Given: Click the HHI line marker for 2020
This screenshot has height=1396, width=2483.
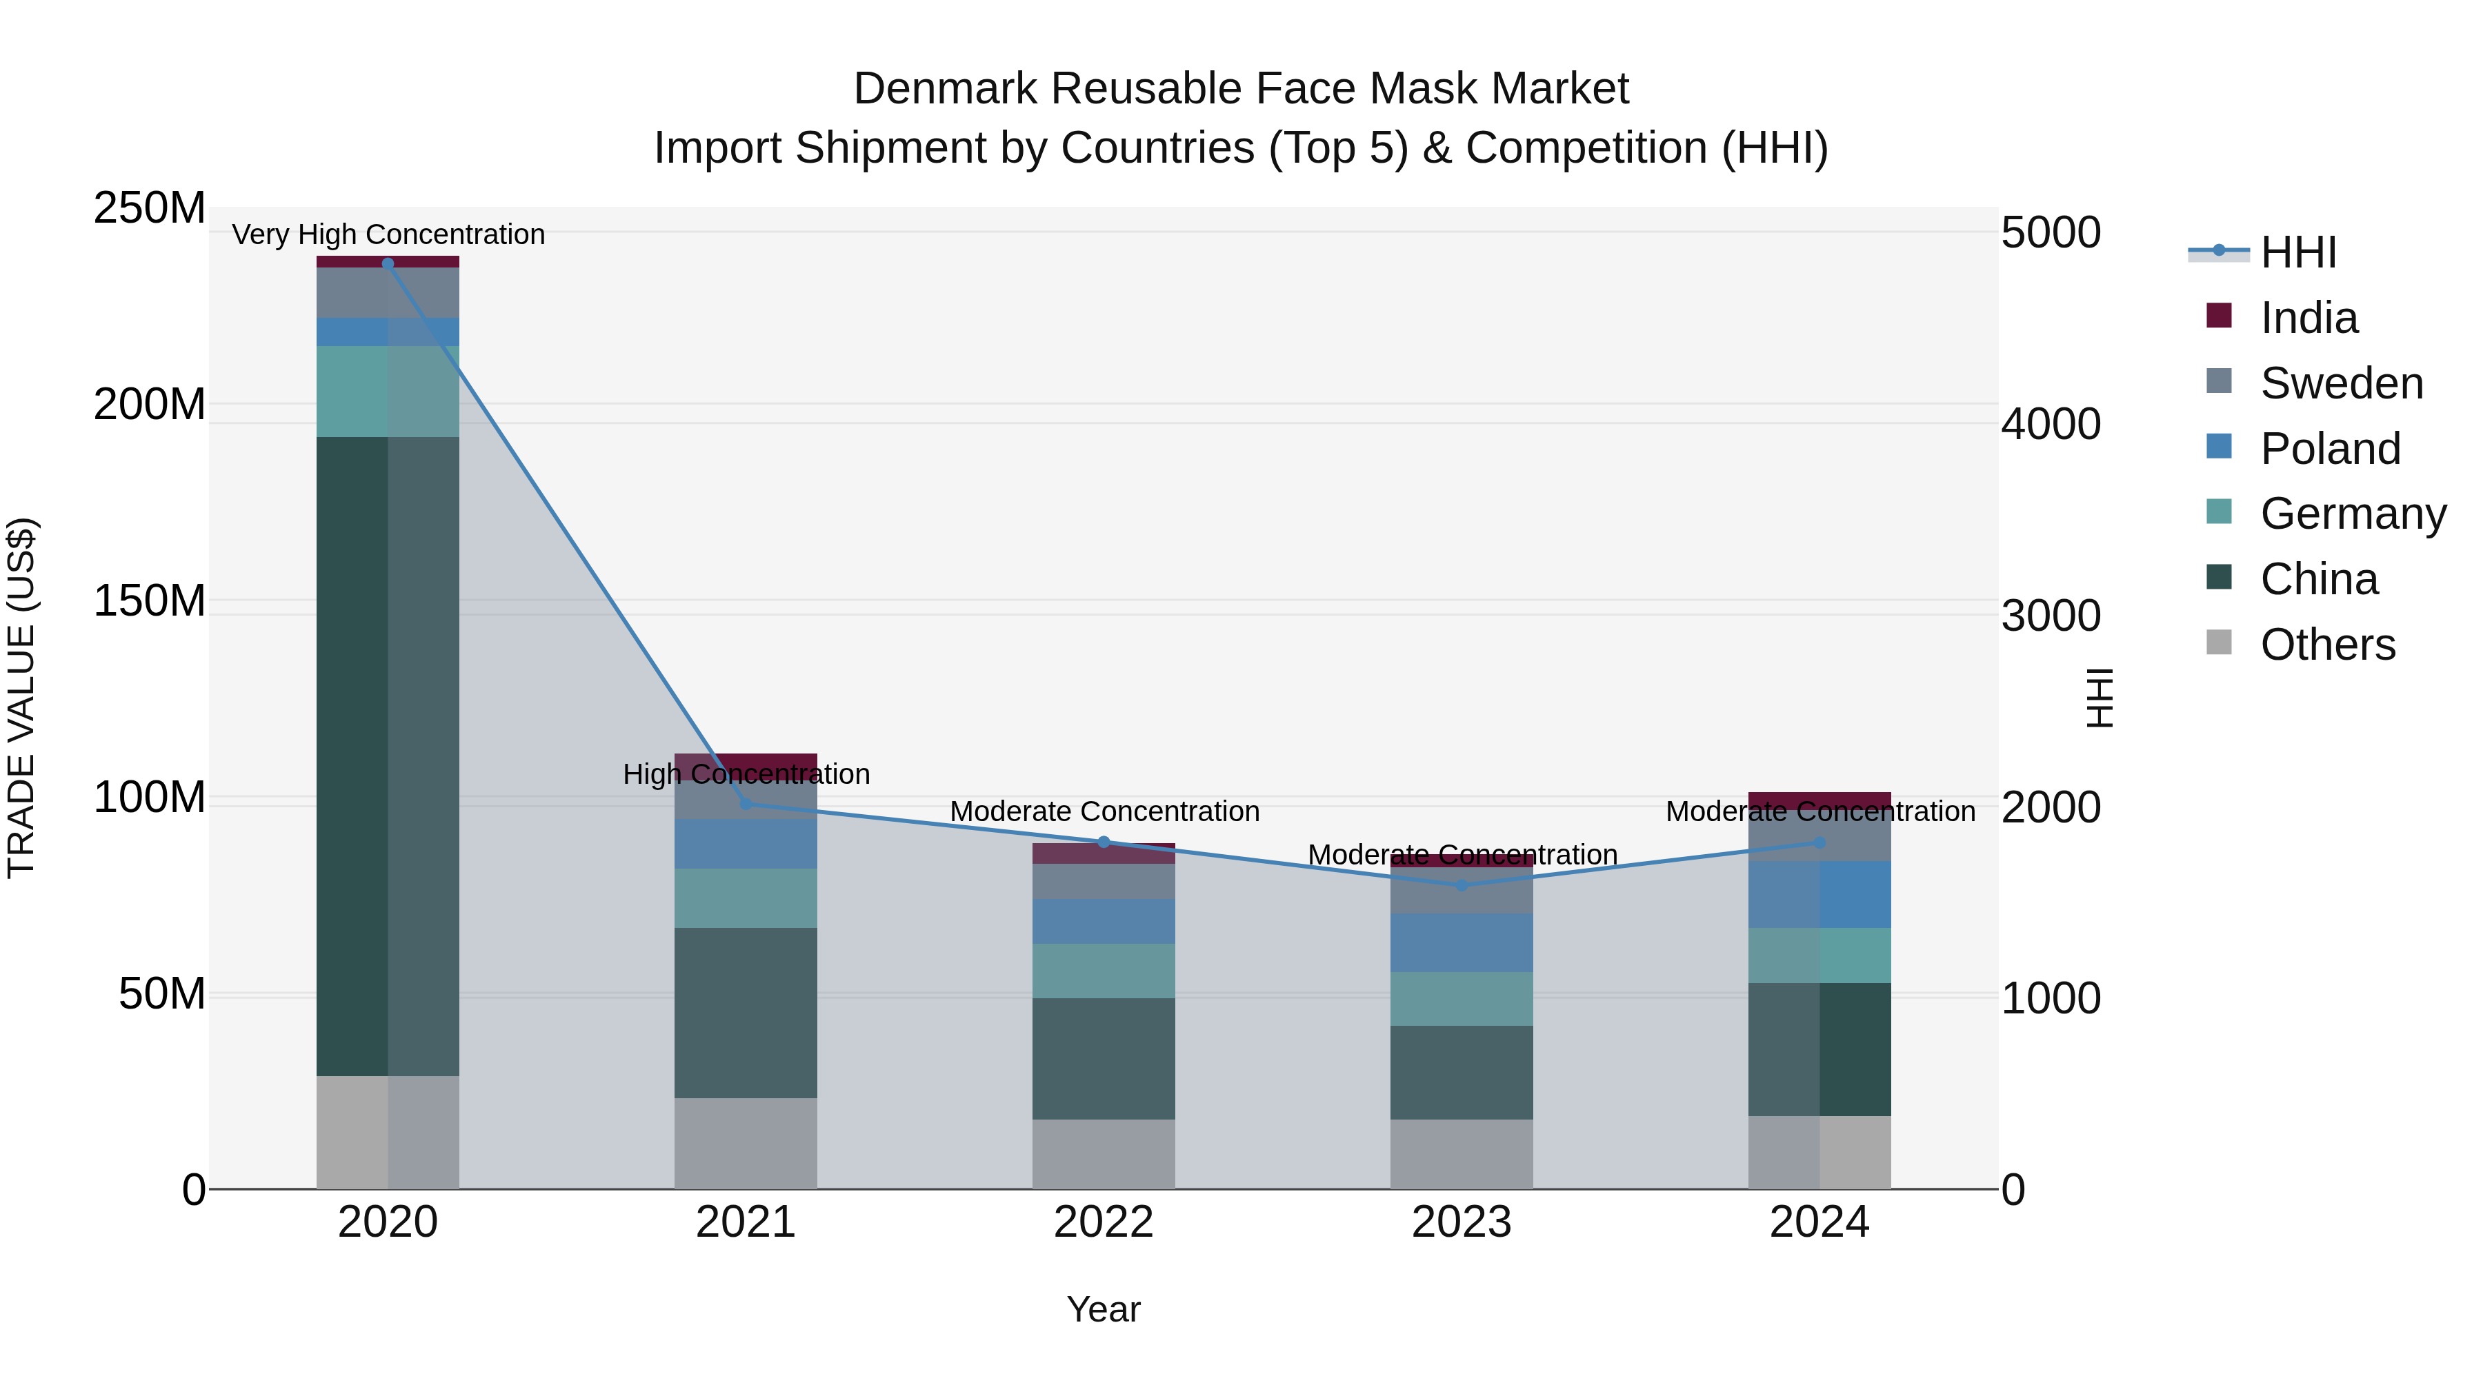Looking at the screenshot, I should coord(388,263).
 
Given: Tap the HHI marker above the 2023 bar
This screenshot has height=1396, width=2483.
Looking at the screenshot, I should coord(1462,884).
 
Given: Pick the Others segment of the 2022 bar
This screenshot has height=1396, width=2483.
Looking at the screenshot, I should coord(1104,1153).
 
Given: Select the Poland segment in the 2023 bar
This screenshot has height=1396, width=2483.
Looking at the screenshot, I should coord(1462,942).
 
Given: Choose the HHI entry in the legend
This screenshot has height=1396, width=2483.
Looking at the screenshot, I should coord(2298,252).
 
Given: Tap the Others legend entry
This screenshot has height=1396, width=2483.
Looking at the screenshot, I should coord(2327,645).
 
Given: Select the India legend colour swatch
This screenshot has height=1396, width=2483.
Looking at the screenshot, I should coord(2219,316).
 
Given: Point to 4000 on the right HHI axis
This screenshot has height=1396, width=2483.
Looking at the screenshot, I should coord(2051,424).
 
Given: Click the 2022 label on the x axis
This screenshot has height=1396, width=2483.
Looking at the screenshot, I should coord(1104,1222).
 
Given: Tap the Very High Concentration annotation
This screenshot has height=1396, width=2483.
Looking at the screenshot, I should coord(388,234).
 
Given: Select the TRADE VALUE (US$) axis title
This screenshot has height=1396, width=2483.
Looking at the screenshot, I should coord(21,698).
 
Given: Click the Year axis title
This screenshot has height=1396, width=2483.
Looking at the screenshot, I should coord(1104,1309).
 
